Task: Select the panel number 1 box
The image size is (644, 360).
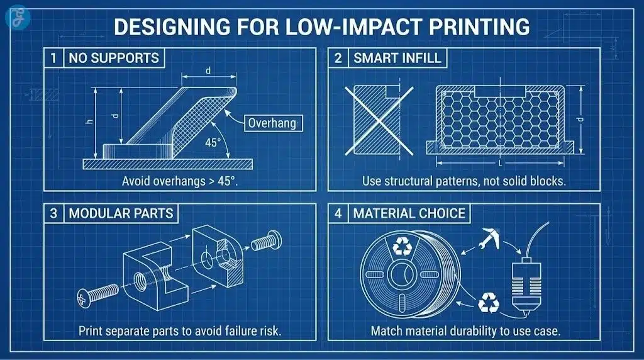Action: (54, 59)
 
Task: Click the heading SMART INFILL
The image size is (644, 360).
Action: (398, 59)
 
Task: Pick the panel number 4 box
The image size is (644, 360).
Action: (338, 213)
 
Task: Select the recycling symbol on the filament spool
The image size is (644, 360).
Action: (401, 247)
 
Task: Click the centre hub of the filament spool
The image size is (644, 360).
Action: (401, 276)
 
